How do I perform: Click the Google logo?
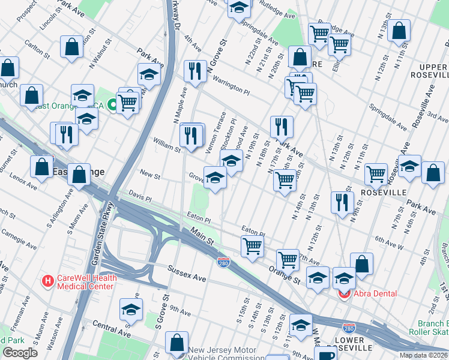click(x=20, y=353)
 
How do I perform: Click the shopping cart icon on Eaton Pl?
click(x=253, y=245)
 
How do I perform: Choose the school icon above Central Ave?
click(x=131, y=309)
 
